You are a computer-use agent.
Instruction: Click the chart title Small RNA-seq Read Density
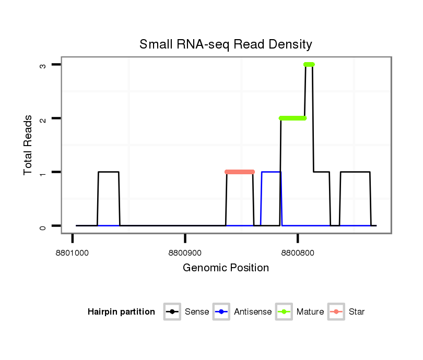226,44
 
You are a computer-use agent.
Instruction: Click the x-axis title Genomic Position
226,268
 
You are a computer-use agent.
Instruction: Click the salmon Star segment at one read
240,172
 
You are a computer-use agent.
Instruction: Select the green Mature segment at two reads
292,118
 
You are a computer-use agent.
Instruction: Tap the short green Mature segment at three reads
309,64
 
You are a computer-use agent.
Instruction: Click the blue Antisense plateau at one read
271,172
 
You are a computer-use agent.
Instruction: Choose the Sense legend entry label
197,312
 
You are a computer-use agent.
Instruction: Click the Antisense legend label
253,312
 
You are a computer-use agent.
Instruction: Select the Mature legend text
310,312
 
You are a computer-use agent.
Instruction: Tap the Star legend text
356,312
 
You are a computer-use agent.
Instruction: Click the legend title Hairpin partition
121,312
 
